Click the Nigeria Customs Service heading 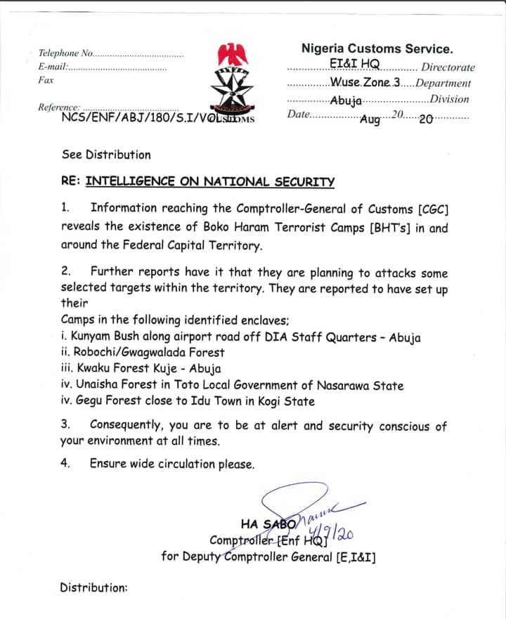[x=377, y=49]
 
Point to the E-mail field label [x=53, y=67]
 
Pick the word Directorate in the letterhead [x=448, y=67]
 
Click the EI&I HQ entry [x=354, y=64]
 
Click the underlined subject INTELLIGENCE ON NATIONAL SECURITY [x=210, y=182]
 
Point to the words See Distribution [x=106, y=155]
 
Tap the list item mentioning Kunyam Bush [x=241, y=337]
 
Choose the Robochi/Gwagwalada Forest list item [x=143, y=353]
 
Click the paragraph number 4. [x=65, y=464]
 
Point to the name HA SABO [x=266, y=523]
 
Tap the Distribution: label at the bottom [x=93, y=587]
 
